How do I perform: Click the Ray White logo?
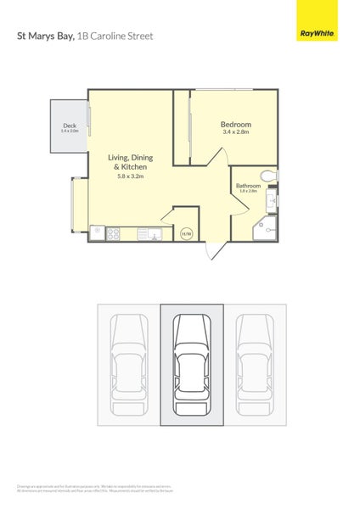(x=317, y=34)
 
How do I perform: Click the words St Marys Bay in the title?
(x=45, y=36)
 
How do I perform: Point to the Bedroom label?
(x=236, y=125)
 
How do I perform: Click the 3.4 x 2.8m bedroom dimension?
(x=236, y=132)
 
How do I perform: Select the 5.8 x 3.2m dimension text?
(x=130, y=176)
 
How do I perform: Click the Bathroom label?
(x=248, y=186)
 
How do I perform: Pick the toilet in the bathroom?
(x=268, y=176)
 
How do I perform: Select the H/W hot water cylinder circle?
(x=186, y=233)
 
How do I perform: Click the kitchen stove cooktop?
(x=97, y=232)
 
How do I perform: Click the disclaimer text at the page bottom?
(x=95, y=489)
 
